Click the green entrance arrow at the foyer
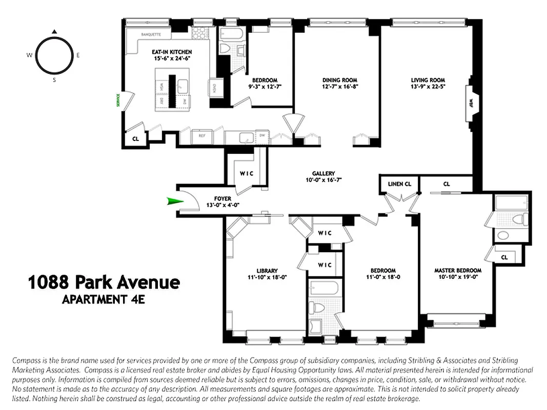175,201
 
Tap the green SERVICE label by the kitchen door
118,99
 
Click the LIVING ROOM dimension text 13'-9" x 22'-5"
428,87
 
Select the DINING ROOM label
339,80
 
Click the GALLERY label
323,174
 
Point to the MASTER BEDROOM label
458,271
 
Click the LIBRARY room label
267,271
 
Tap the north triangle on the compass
54,32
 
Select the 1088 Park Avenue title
104,282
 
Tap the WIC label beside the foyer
247,173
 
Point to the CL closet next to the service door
135,139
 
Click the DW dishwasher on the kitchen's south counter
261,136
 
